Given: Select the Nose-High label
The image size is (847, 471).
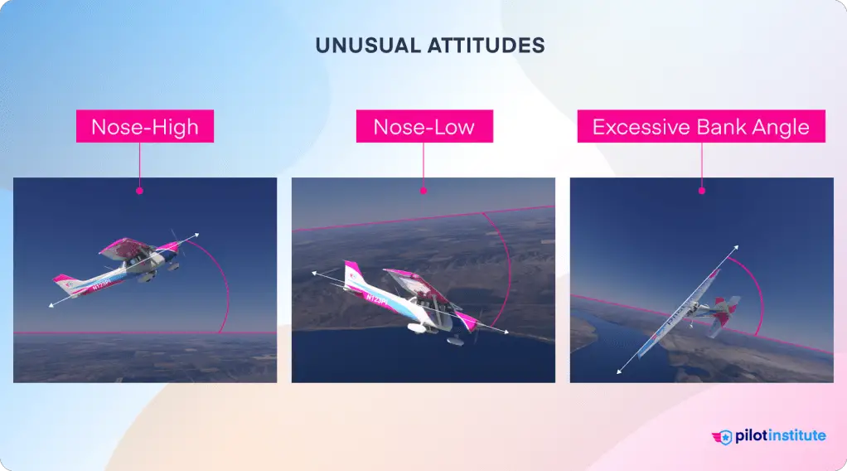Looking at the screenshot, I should click(145, 128).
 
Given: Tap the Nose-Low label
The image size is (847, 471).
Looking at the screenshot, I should click(423, 128).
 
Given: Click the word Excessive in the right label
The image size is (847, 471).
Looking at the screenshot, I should click(632, 128).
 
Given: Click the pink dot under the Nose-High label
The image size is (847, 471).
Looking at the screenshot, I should click(139, 191).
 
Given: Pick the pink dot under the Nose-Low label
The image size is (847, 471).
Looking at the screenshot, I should click(423, 191).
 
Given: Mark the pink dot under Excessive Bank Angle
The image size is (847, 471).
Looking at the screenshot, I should click(702, 191).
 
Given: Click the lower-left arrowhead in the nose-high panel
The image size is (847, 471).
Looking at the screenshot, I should click(51, 306).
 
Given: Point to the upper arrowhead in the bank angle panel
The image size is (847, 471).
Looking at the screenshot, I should click(737, 248).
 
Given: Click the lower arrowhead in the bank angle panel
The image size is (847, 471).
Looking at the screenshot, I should click(618, 371).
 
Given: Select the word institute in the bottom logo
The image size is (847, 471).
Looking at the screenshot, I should click(795, 435).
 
